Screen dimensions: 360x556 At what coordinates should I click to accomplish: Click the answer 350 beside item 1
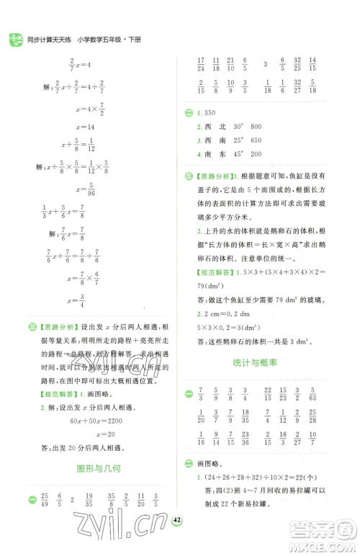click(210, 114)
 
